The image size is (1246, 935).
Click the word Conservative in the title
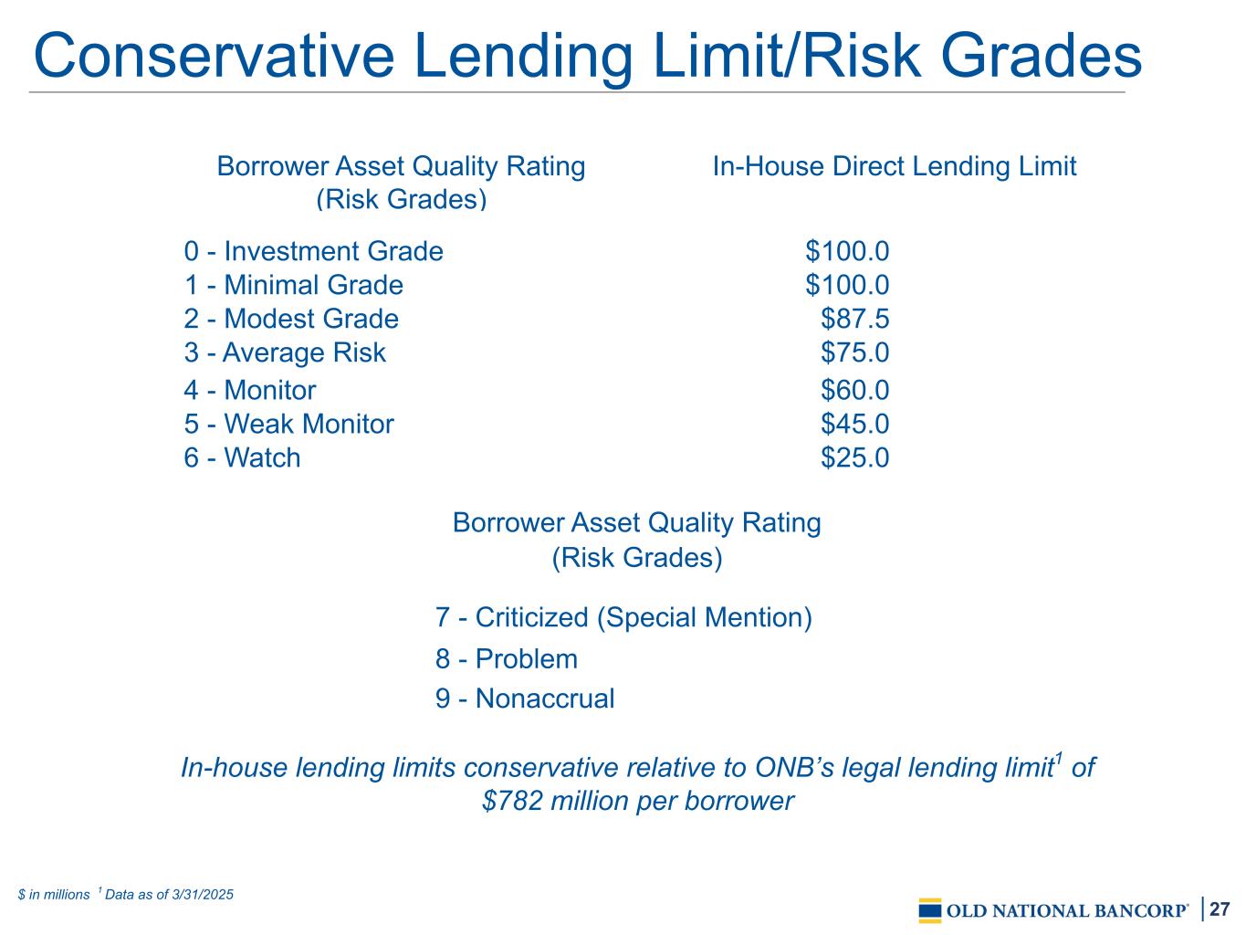(214, 56)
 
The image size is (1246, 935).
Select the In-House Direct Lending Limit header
(894, 166)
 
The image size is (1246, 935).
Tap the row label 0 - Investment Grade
(313, 251)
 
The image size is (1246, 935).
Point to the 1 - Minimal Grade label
(294, 284)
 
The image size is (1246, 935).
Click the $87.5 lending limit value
(855, 319)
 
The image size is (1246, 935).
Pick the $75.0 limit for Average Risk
(855, 352)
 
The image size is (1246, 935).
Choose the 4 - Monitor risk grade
(250, 390)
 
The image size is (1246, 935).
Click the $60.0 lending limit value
(855, 390)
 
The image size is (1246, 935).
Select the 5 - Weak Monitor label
(289, 424)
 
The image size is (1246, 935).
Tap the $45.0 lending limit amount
(855, 424)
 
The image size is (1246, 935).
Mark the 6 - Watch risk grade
(242, 457)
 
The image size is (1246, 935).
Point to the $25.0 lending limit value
(855, 457)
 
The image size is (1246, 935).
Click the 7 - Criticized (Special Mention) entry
(623, 617)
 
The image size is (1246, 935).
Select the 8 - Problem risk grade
(507, 658)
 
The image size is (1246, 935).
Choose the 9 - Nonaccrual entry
(525, 699)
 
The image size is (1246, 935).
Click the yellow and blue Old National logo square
(930, 910)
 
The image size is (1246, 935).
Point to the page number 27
(1220, 909)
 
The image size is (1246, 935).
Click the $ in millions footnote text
(54, 895)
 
